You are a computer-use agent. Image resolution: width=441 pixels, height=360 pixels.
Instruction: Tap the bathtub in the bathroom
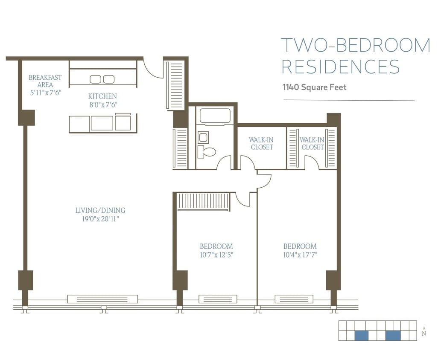(215, 116)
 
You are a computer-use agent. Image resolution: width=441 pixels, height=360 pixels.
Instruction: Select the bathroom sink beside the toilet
(204, 138)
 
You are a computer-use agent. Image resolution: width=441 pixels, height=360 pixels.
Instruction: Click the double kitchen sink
(102, 79)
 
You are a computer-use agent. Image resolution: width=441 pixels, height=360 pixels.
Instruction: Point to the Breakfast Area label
(45, 81)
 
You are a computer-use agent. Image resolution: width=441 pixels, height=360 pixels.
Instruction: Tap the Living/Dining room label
(100, 210)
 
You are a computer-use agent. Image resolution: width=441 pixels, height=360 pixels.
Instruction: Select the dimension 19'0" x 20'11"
(100, 219)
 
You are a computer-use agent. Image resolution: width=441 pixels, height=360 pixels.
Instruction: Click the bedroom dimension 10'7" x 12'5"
(216, 255)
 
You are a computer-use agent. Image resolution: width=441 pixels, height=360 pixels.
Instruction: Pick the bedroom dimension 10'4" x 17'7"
(300, 255)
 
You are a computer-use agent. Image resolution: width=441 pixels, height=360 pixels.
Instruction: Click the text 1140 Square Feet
(314, 87)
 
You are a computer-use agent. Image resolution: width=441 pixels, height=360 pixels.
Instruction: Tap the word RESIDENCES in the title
(340, 67)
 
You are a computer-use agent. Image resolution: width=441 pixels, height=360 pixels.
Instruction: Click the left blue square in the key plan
(361, 336)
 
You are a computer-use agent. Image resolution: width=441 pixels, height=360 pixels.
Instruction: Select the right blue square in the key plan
(393, 336)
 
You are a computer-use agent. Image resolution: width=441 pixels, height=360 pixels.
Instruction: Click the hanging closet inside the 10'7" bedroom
(203, 201)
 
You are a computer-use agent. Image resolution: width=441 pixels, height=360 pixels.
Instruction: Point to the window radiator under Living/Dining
(102, 299)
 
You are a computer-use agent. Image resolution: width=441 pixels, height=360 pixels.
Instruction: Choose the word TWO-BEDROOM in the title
(355, 45)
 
